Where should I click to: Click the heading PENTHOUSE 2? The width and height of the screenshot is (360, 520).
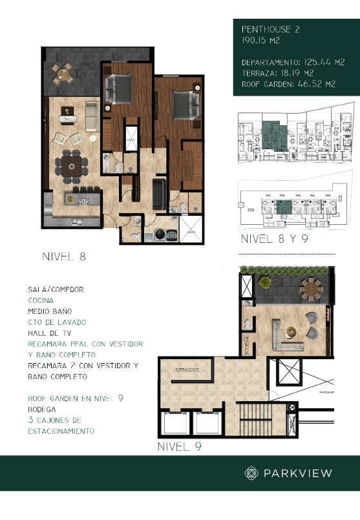[270, 29]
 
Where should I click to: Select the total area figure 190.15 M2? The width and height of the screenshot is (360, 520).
[261, 40]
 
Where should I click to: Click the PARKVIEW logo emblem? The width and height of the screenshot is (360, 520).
[251, 473]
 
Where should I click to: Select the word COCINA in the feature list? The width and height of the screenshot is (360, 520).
[40, 300]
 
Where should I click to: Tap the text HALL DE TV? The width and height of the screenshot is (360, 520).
[49, 333]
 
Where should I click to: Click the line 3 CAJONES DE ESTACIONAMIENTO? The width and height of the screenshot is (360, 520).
[61, 425]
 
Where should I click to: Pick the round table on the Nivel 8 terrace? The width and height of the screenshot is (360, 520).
[63, 73]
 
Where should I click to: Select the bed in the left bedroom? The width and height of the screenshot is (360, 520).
[118, 88]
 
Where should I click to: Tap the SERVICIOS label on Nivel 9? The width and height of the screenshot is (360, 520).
[188, 370]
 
